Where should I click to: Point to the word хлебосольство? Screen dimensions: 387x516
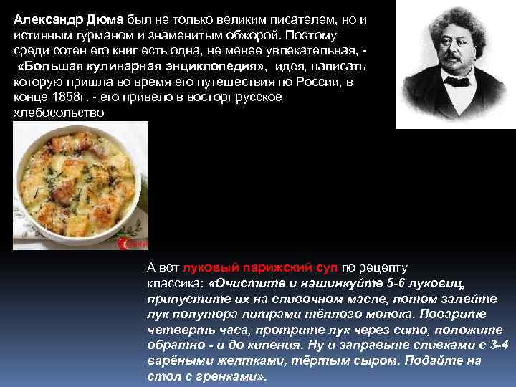tap(59, 113)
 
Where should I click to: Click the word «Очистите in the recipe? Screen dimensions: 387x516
tap(241, 283)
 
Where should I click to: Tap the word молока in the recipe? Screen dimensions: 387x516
tap(383, 315)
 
